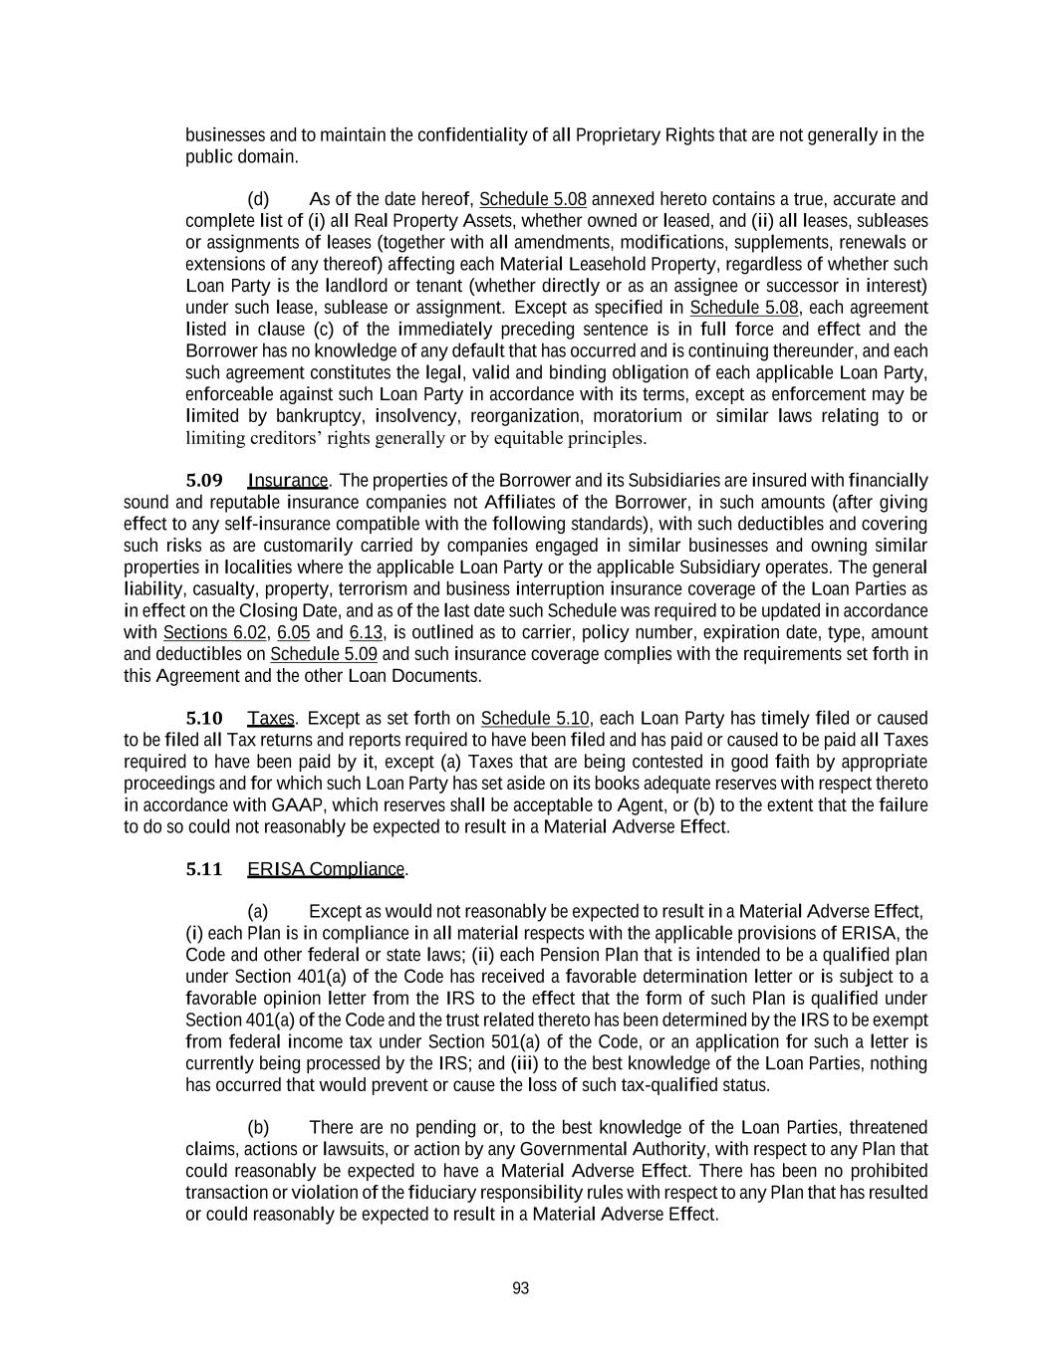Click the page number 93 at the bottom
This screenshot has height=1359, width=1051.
tap(520, 1288)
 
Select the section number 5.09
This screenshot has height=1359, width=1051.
tap(204, 480)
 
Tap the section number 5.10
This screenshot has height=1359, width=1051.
tap(204, 718)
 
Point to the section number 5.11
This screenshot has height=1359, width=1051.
tap(204, 869)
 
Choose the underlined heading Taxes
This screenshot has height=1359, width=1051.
tap(270, 718)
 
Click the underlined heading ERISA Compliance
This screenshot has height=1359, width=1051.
tap(326, 869)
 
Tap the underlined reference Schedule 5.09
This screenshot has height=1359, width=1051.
tap(324, 654)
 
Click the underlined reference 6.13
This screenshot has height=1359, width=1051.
tap(367, 632)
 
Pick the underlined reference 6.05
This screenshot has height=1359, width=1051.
tap(294, 632)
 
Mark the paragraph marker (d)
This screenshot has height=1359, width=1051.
tap(258, 198)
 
